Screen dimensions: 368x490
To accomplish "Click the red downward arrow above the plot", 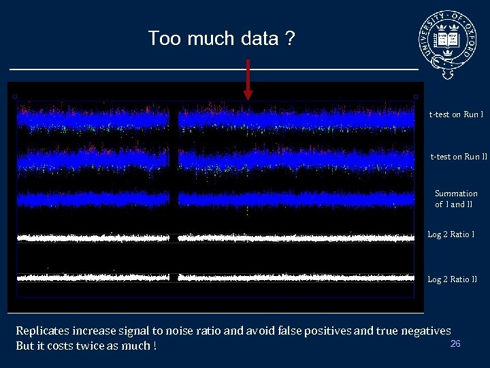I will point(248,78).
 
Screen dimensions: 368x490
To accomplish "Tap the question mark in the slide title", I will point(290,38).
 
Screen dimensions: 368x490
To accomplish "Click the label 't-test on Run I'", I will point(456,114).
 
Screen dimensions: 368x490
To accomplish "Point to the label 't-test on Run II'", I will point(459,157).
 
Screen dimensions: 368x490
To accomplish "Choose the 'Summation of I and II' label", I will point(456,199).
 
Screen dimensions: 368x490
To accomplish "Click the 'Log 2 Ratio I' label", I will point(451,235).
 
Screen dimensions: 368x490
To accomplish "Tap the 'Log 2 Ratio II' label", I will point(453,279).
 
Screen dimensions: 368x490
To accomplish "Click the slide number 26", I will point(455,343).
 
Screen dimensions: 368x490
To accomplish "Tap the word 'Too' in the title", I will point(164,38).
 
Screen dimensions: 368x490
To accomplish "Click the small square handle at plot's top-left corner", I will point(14,97).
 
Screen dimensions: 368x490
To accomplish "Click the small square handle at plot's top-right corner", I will point(416,97).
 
